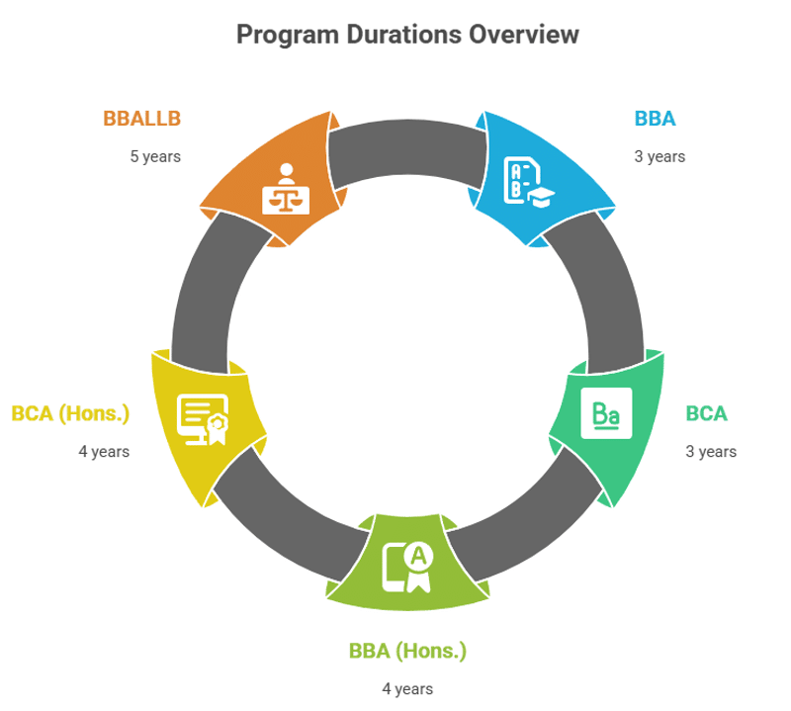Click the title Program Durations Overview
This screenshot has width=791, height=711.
[x=407, y=35]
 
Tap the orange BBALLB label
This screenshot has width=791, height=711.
[x=142, y=119]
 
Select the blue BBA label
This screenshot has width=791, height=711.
[x=655, y=119]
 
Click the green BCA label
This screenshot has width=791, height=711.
[x=706, y=413]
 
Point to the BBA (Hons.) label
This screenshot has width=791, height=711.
[x=406, y=652]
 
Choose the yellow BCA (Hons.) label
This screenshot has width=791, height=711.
[x=70, y=413]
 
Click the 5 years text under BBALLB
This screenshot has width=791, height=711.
[x=155, y=156]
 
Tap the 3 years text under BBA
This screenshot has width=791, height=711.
[x=659, y=156]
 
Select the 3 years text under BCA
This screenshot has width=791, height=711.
[x=711, y=452]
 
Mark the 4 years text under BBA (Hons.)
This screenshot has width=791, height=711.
[x=407, y=689]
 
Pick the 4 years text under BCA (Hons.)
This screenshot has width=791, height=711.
[x=104, y=452]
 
